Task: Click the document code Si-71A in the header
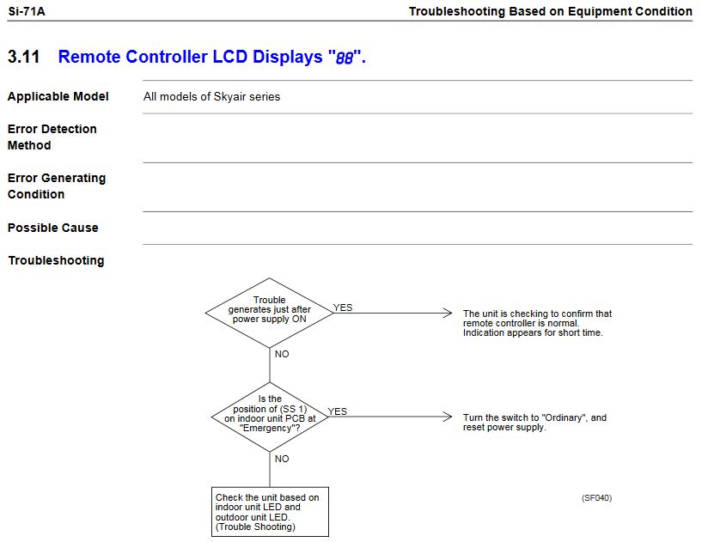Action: [x=26, y=11]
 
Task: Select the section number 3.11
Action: [x=25, y=58]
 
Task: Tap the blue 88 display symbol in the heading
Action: [x=344, y=58]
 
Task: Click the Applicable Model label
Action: [x=58, y=97]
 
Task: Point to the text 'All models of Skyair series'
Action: [x=211, y=97]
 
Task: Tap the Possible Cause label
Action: [x=52, y=228]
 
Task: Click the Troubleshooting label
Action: [x=56, y=260]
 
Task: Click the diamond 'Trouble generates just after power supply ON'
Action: [x=270, y=312]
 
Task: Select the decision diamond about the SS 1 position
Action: [x=270, y=417]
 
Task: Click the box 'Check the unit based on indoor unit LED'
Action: [x=270, y=512]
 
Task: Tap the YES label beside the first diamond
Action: [x=343, y=308]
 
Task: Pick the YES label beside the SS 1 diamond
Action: [x=338, y=411]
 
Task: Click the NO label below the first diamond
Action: [x=282, y=354]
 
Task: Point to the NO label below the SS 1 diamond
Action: [x=282, y=459]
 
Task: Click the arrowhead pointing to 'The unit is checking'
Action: [x=447, y=313]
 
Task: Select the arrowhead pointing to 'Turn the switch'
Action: [x=447, y=417]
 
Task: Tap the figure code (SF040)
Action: [x=596, y=497]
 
